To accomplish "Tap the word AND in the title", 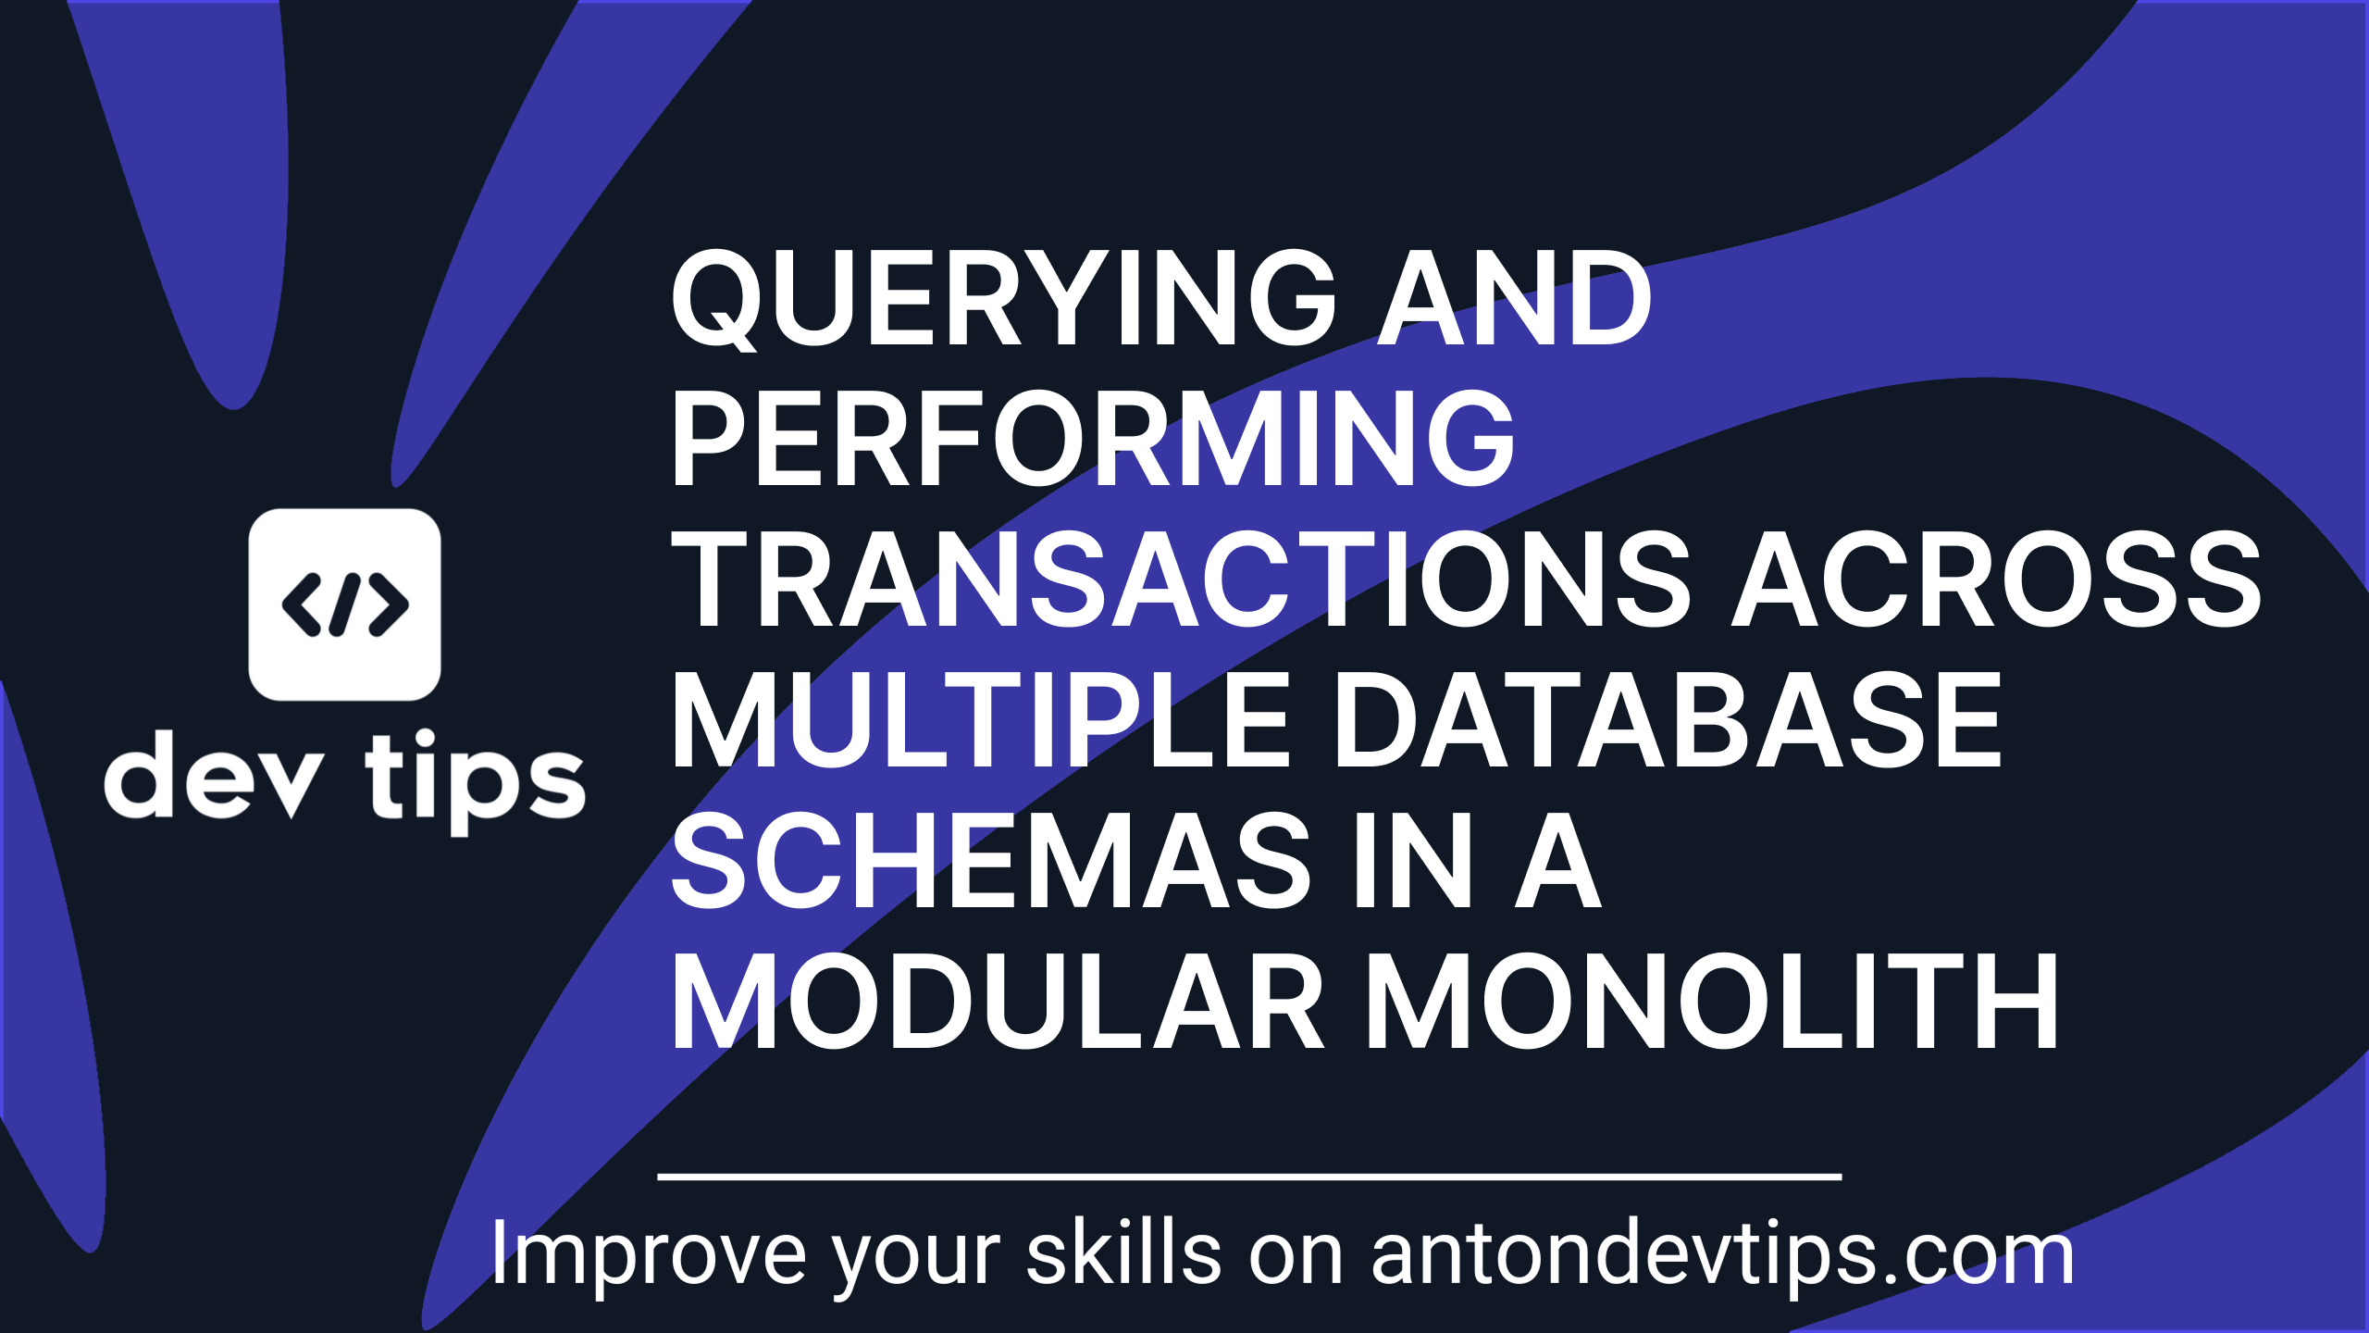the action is point(1515,298).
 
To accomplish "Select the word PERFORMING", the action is point(1093,439).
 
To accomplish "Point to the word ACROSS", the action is point(1996,579).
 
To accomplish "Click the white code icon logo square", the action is point(344,604).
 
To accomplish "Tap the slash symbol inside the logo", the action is point(344,604).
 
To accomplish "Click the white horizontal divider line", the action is point(1249,1177).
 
